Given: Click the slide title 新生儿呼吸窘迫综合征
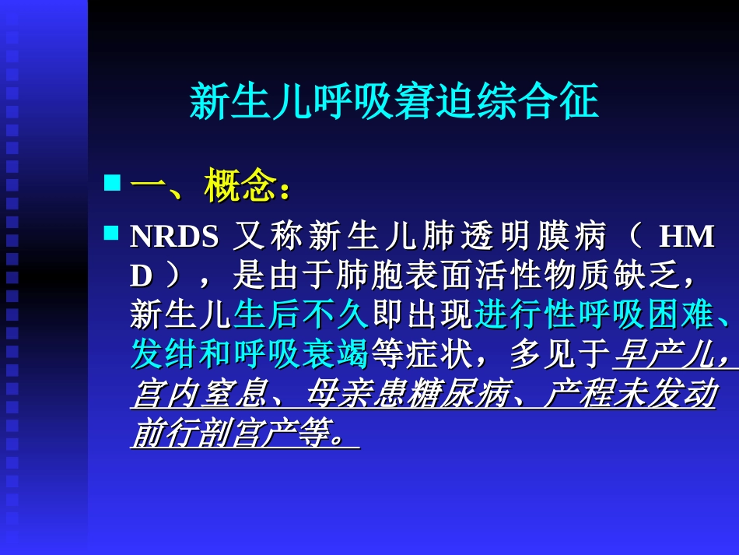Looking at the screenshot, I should pos(394,102).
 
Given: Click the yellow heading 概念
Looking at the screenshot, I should pos(242,187).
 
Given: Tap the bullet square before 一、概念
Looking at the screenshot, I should pos(113,184).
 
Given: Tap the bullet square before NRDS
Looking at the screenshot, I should pos(113,233).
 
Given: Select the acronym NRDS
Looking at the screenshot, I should pos(174,237).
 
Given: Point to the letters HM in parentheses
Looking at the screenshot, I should pos(685,237).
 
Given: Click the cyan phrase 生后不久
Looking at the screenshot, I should pos(301,315).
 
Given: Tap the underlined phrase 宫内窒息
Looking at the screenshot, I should pos(198,395).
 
